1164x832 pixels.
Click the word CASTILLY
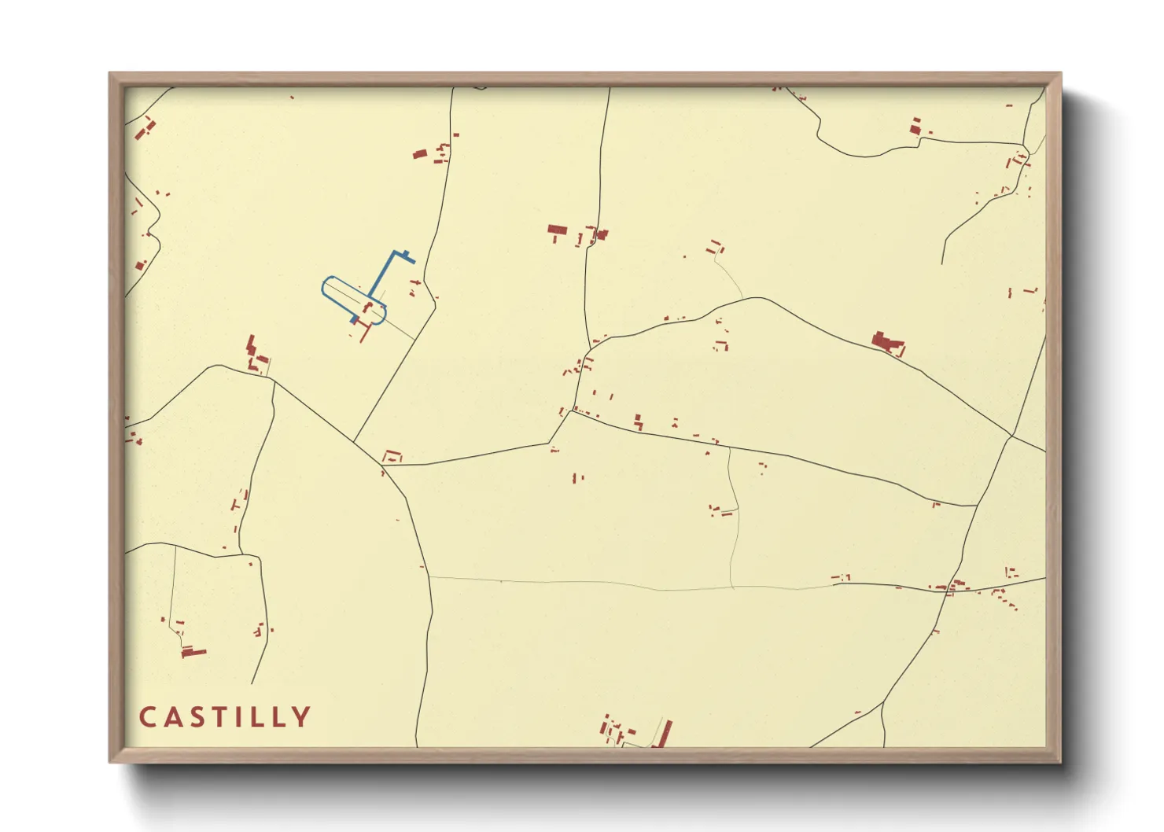pos(225,717)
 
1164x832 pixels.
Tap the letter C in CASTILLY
pos(147,717)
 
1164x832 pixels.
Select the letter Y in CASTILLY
pos(301,717)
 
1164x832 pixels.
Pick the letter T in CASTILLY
pos(215,717)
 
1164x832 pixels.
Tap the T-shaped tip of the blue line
pos(407,256)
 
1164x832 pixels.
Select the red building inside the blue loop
pos(368,306)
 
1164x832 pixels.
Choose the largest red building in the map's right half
pos(887,343)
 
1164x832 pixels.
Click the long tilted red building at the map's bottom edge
pos(665,733)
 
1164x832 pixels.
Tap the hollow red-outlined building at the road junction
pos(392,455)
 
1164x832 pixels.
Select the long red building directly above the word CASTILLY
pos(193,652)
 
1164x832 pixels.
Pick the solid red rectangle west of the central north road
pos(558,230)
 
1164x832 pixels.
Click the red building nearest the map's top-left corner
pos(145,128)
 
